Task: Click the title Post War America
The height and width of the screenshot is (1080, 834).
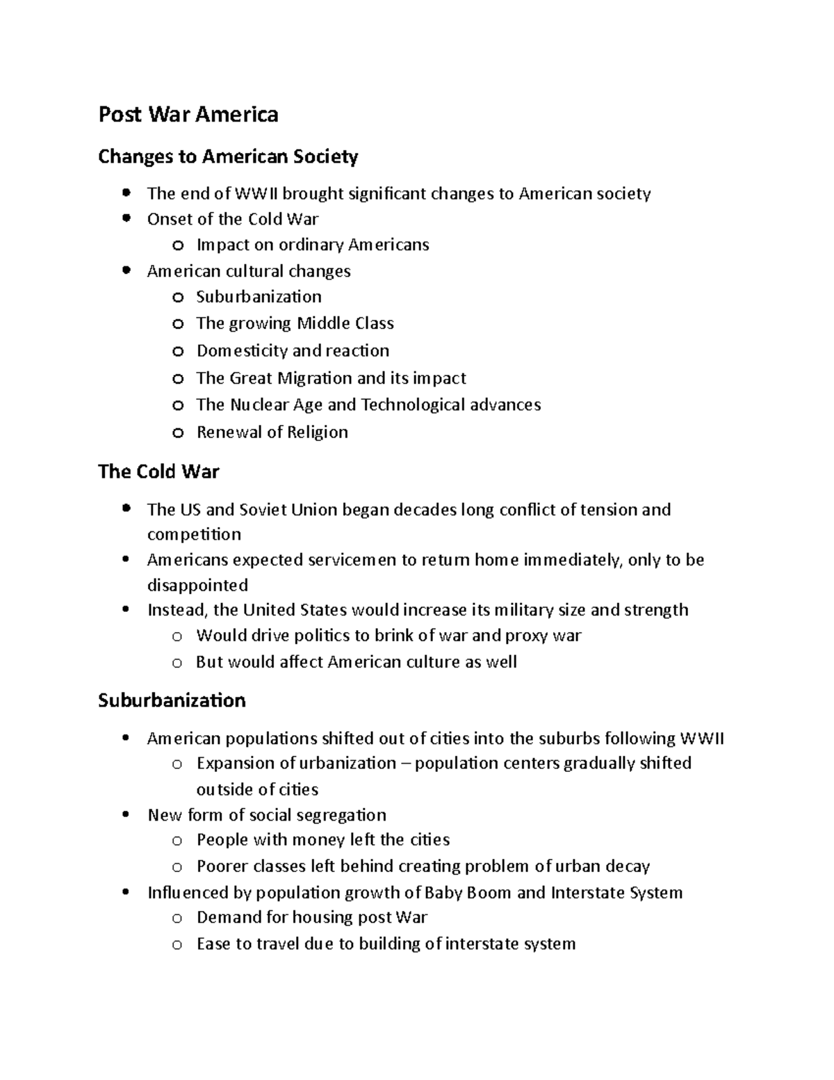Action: (x=188, y=114)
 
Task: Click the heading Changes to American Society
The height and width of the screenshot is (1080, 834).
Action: (x=228, y=156)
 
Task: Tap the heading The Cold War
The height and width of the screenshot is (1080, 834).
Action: (x=158, y=472)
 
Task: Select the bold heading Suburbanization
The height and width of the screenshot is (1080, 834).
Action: (x=172, y=700)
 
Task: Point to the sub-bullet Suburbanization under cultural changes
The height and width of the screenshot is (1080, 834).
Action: (x=259, y=297)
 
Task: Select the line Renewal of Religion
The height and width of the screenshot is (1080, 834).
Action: (x=272, y=432)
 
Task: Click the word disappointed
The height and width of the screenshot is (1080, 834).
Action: (x=197, y=585)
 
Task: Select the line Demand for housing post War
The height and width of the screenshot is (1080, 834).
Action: (x=311, y=917)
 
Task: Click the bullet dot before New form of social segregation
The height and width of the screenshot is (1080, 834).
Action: (x=125, y=815)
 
